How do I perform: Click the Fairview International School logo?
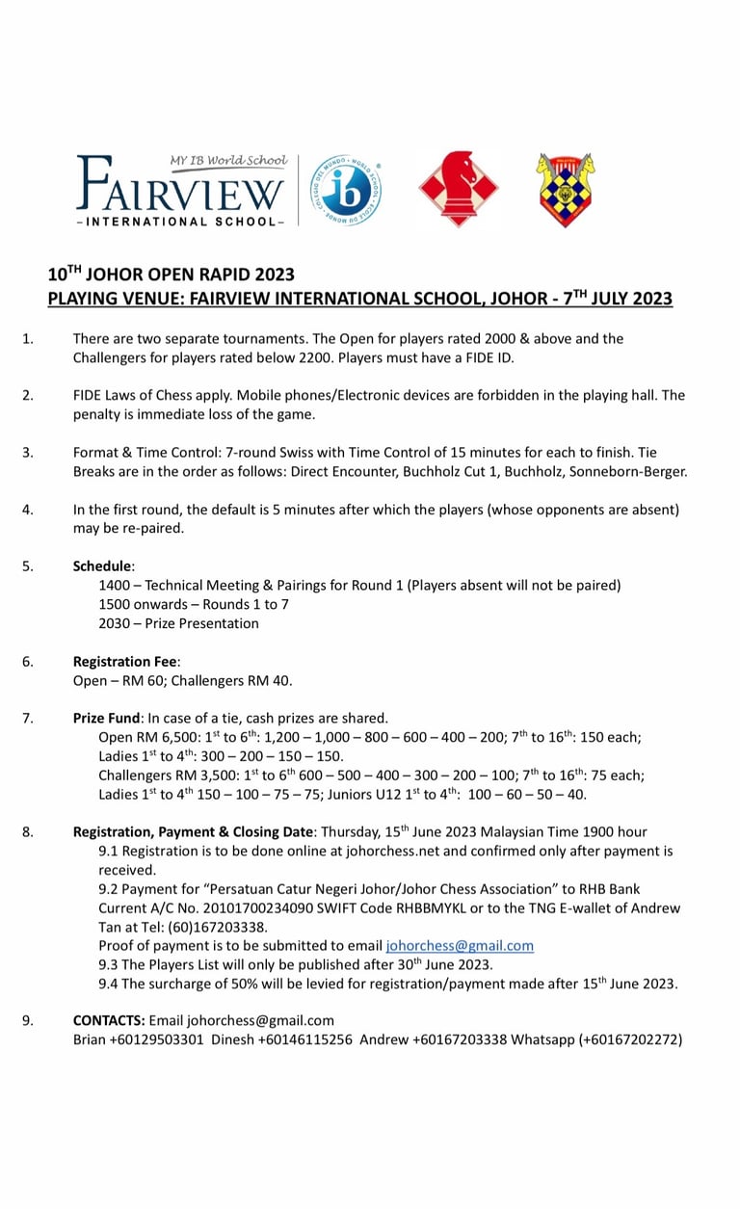pyautogui.click(x=181, y=191)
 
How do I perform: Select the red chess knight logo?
pyautogui.click(x=458, y=190)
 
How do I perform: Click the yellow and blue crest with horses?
pyautogui.click(x=566, y=190)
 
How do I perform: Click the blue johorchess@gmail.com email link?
pyautogui.click(x=460, y=946)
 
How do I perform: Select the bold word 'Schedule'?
pyautogui.click(x=103, y=566)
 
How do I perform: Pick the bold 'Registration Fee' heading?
pyautogui.click(x=125, y=662)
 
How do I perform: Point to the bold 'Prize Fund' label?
pyautogui.click(x=106, y=718)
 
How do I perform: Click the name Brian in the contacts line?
pyautogui.click(x=90, y=1039)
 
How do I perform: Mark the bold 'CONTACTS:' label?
pyautogui.click(x=109, y=1020)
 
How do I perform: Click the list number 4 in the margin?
pyautogui.click(x=27, y=510)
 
